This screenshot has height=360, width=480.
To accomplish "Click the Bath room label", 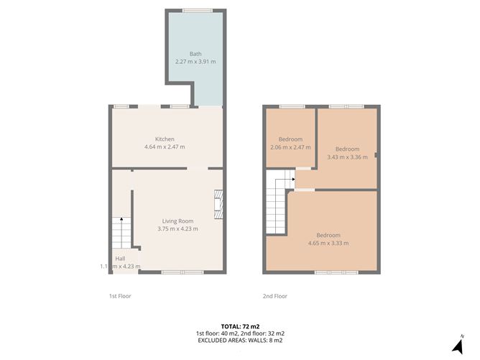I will (195, 54).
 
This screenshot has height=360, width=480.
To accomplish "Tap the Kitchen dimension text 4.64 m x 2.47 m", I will (165, 147).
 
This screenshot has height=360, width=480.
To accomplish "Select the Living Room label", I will (177, 221).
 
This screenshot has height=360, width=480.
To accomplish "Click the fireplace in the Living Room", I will (218, 203).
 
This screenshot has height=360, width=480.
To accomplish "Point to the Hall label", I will (120, 258).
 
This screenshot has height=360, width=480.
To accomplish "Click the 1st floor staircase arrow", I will (121, 220).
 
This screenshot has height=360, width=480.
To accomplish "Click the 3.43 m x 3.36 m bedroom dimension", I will (347, 157).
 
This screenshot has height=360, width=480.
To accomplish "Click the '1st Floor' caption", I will (120, 296).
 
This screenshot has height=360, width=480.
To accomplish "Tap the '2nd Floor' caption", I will (275, 296).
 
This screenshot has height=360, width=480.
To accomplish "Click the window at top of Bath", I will (197, 10).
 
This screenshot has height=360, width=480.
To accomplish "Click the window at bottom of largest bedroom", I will (336, 272).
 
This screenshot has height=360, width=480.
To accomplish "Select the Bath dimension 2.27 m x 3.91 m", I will (195, 62).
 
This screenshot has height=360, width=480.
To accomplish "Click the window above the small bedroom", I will (292, 106).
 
